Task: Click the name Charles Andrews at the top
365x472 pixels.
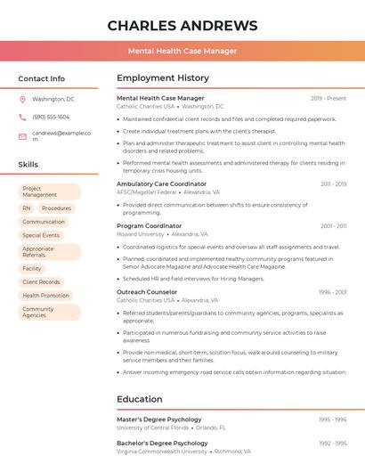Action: pos(182,25)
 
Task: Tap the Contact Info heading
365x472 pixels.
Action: pos(41,78)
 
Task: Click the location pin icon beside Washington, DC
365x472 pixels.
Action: pos(22,99)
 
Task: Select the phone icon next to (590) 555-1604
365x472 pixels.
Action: pos(22,117)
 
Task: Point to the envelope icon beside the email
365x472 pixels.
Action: pos(22,136)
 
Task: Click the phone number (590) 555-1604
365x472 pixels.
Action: pos(51,117)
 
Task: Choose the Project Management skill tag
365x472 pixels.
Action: pos(49,191)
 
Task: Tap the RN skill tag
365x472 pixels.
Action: pos(27,208)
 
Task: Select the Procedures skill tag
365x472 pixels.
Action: pos(56,208)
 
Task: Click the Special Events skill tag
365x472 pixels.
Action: pos(41,235)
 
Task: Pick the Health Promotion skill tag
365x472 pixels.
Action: pos(45,296)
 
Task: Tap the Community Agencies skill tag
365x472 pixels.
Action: pos(49,312)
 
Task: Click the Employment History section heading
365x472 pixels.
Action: pos(163,78)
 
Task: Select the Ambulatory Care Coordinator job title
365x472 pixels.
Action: pos(161,183)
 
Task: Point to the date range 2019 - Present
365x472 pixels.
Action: pos(328,98)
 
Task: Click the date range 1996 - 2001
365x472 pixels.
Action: pos(333,292)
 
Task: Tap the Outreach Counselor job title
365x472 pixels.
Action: pos(147,292)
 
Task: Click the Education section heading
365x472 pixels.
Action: pos(140,399)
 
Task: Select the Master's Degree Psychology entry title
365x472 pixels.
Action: pos(159,419)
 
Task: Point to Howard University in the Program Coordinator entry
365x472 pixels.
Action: pos(141,234)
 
